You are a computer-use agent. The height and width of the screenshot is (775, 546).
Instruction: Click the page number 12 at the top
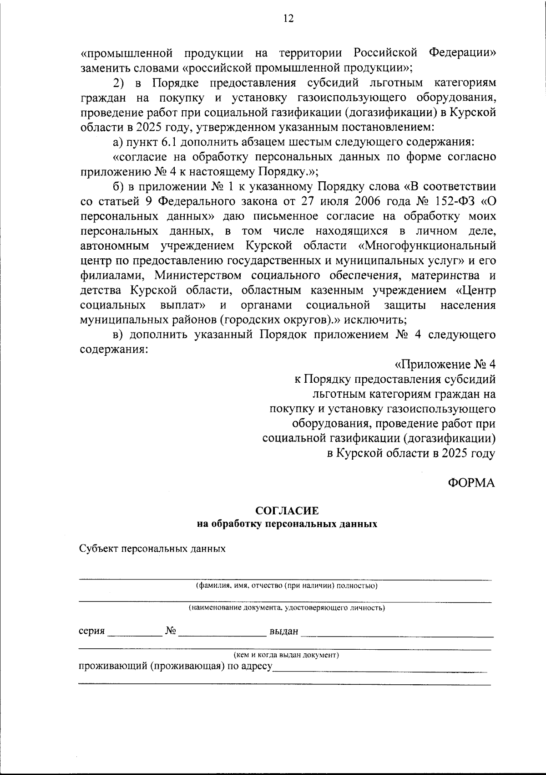coord(288,18)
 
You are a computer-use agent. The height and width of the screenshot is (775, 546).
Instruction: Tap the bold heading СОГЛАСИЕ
coord(287,511)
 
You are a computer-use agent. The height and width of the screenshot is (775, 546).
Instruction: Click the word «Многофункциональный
coord(427,246)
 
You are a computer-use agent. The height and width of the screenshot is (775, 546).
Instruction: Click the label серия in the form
coord(91,631)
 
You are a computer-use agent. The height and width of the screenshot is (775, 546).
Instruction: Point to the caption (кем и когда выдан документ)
coord(287,655)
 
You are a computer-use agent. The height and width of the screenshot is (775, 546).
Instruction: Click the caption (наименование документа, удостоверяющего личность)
coord(287,607)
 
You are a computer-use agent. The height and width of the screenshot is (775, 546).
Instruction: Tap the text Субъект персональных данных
coord(152,549)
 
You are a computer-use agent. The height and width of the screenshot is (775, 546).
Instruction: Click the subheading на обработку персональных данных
coord(287,524)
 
